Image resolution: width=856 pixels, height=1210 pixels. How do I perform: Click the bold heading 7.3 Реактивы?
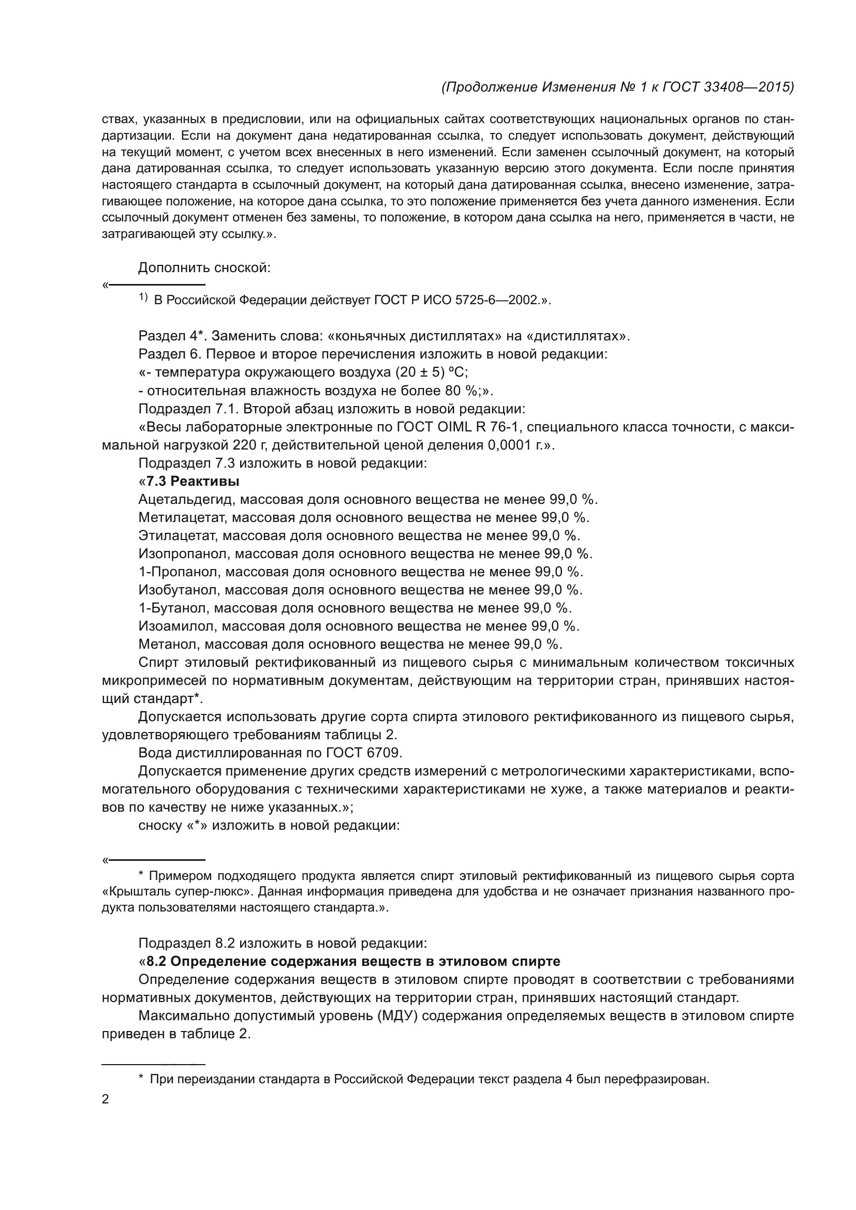pos(193,481)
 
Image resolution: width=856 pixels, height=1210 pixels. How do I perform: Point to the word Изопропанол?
pos(184,554)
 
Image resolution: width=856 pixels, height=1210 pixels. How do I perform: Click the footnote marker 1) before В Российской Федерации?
pos(143,298)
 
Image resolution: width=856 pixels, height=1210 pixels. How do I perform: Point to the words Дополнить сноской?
pos(204,268)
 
